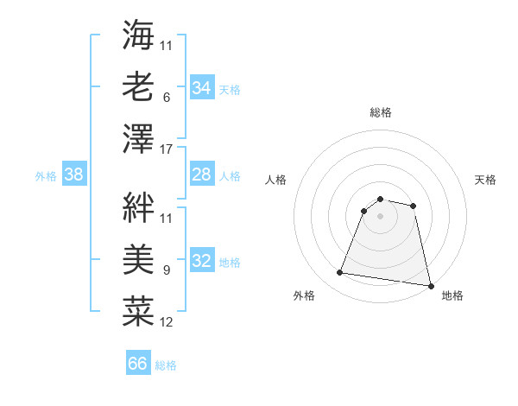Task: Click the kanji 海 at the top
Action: click(138, 37)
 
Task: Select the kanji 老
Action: click(138, 86)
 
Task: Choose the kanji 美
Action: click(138, 258)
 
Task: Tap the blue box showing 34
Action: click(201, 88)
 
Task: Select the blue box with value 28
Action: click(201, 174)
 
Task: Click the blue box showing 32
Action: click(201, 261)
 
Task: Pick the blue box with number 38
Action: click(73, 174)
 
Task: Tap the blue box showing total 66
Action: click(137, 364)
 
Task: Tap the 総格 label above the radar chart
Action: click(380, 112)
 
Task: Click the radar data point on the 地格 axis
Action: click(430, 284)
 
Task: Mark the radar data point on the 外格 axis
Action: click(340, 273)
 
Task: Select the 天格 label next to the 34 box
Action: click(229, 90)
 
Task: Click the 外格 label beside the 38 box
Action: click(46, 176)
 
